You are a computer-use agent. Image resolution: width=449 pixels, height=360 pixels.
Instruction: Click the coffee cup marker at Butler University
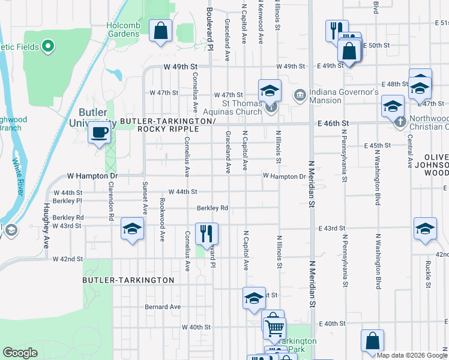[x=100, y=133]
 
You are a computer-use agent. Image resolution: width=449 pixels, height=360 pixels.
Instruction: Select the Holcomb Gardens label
[x=123, y=29]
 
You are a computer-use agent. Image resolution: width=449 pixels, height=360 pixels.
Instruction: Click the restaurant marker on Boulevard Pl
[x=206, y=232]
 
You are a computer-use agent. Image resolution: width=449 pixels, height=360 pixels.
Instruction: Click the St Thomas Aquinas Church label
[x=243, y=107]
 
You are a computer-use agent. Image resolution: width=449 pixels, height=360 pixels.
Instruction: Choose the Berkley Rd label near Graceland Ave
[x=212, y=208]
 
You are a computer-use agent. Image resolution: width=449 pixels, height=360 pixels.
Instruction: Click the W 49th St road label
[x=182, y=67]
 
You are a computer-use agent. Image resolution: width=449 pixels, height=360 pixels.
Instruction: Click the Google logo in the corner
[x=20, y=353]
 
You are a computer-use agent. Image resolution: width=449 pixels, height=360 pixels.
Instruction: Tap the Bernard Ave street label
[x=163, y=307]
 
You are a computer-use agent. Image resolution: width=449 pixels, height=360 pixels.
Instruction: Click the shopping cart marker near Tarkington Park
[x=274, y=328]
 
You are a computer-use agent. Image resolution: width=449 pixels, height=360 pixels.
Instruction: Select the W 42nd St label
[x=68, y=259]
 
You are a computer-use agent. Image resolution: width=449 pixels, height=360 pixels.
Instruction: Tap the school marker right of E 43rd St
[x=425, y=229]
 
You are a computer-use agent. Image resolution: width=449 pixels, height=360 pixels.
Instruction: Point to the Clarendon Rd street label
[x=110, y=207]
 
